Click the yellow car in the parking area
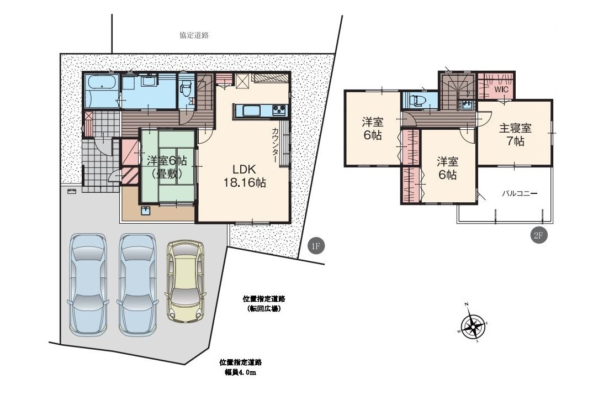pyautogui.click(x=186, y=281)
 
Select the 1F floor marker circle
pyautogui.click(x=316, y=246)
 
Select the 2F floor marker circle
pyautogui.click(x=539, y=235)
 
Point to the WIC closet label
pyautogui.click(x=501, y=90)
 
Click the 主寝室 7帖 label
pyautogui.click(x=516, y=134)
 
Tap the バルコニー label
pyautogui.click(x=520, y=193)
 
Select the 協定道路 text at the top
pyautogui.click(x=194, y=35)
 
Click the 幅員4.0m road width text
pyautogui.click(x=241, y=372)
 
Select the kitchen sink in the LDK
pyautogui.click(x=251, y=111)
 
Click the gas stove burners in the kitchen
pyautogui.click(x=279, y=110)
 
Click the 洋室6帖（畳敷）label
pyautogui.click(x=167, y=167)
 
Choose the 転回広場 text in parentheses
pyautogui.click(x=264, y=308)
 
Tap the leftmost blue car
pyautogui.click(x=87, y=285)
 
